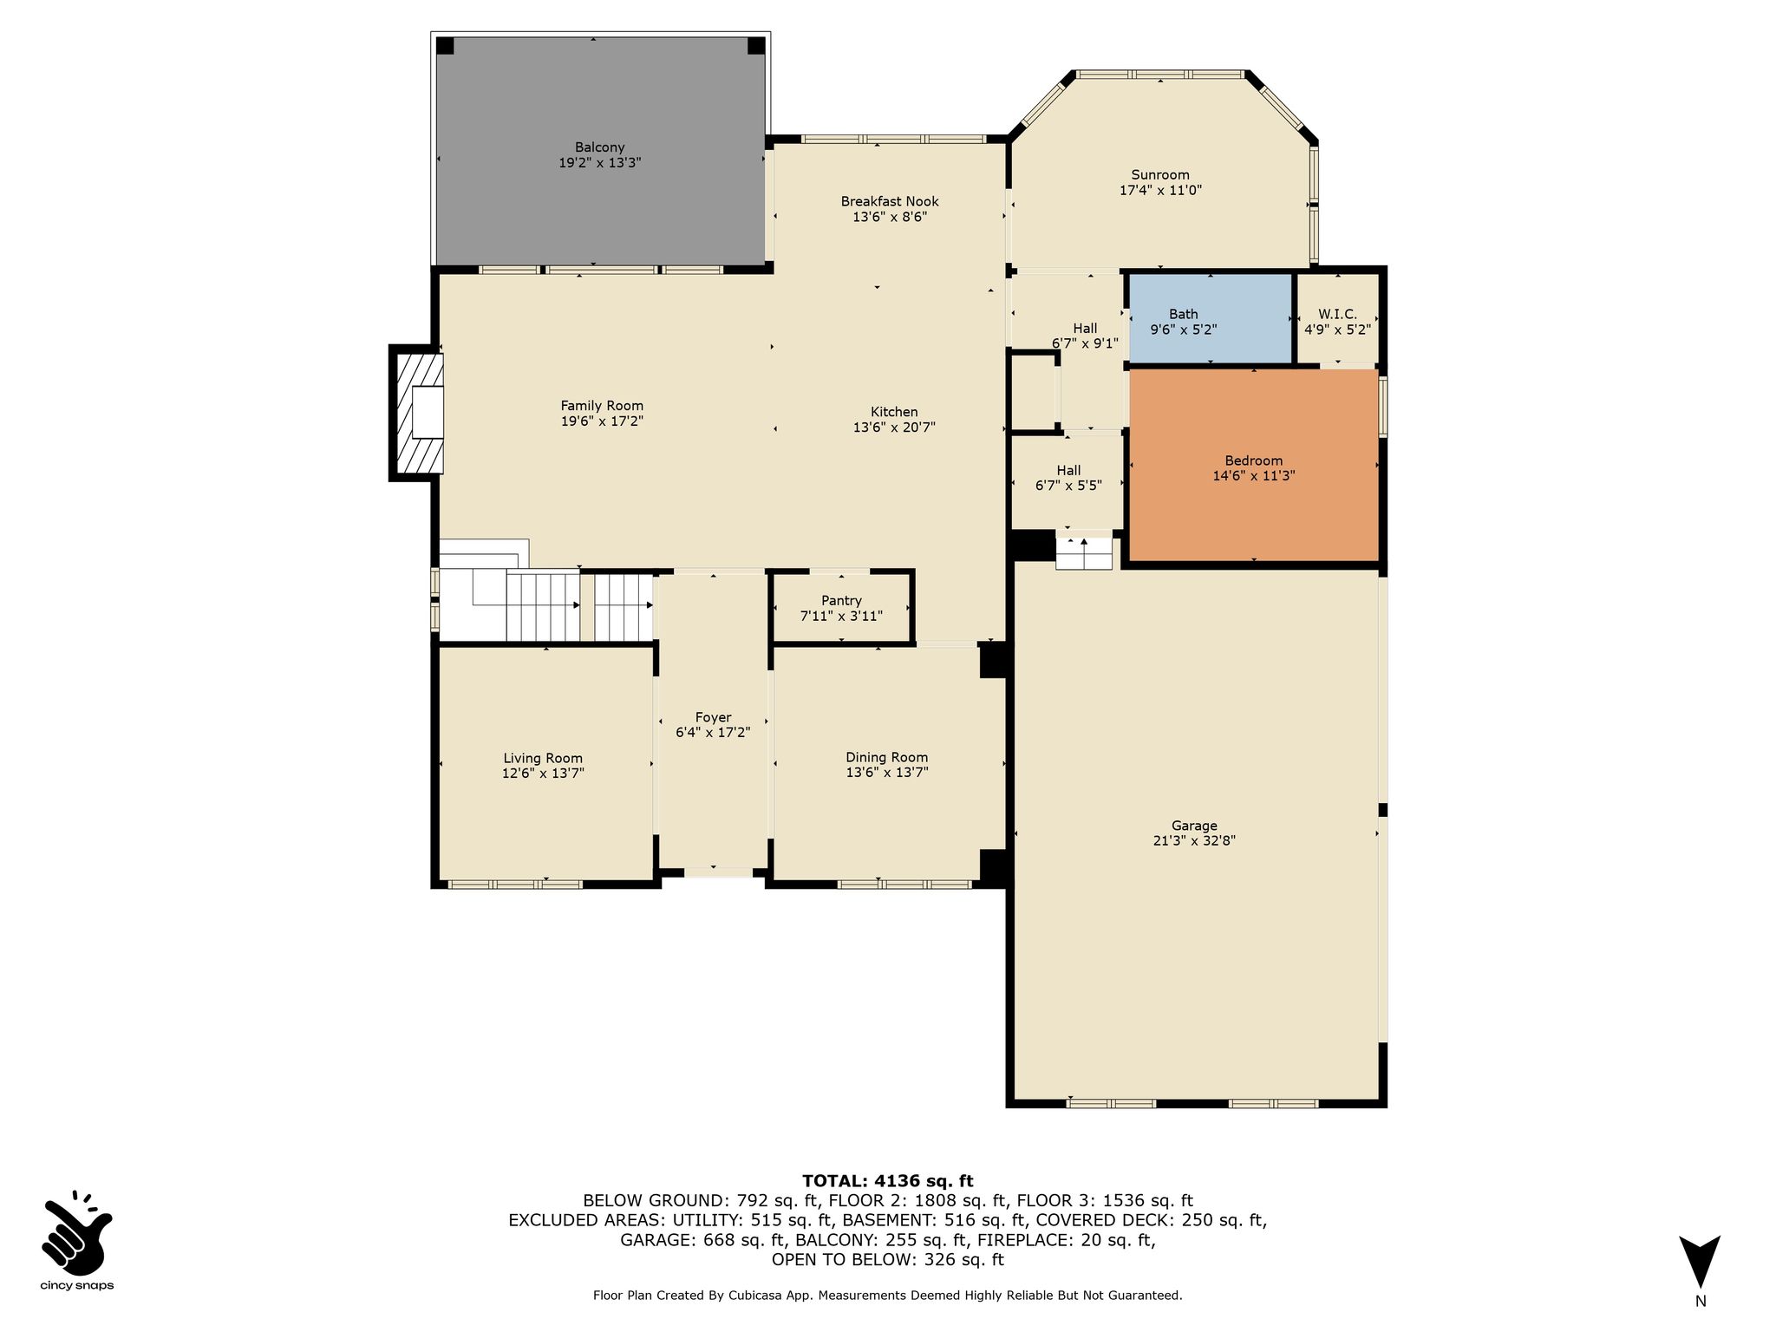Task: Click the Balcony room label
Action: (x=599, y=147)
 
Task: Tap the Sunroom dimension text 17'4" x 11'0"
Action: (x=1160, y=190)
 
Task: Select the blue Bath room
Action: (x=1211, y=318)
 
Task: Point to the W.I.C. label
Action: (x=1337, y=314)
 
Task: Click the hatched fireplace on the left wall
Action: (x=419, y=412)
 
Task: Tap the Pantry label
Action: (x=841, y=600)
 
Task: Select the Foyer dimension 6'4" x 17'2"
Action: (x=713, y=732)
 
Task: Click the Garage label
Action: (x=1194, y=826)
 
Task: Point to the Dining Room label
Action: (x=887, y=757)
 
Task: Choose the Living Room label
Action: (x=543, y=758)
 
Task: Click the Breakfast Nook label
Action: (x=890, y=201)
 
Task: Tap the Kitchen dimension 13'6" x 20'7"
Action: (x=894, y=427)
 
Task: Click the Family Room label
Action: (x=602, y=405)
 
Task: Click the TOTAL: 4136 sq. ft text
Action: (x=888, y=1180)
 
